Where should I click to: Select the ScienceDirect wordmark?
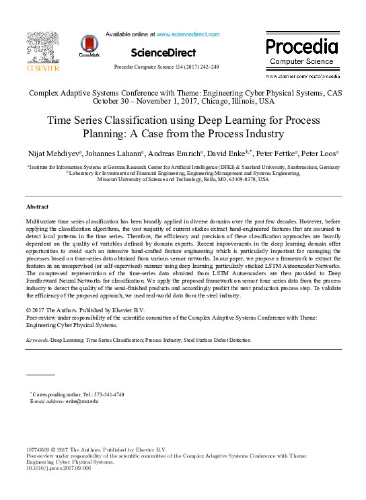[x=163, y=52]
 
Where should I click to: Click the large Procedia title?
[x=301, y=47]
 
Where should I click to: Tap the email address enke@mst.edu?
[x=81, y=401]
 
